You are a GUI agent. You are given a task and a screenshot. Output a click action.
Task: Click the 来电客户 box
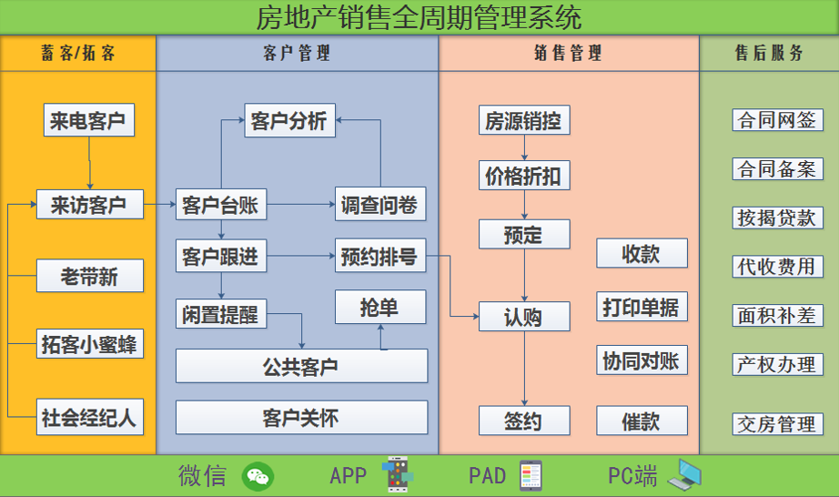(89, 120)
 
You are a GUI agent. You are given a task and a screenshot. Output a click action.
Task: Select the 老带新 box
(89, 276)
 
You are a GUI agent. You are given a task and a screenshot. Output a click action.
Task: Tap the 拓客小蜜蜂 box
(89, 344)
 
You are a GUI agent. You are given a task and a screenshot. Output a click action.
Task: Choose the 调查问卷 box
(379, 205)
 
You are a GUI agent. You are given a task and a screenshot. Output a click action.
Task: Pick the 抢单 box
(380, 307)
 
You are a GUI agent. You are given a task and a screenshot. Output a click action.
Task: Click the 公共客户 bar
(301, 366)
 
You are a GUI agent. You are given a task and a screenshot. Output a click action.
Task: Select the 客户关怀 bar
(301, 418)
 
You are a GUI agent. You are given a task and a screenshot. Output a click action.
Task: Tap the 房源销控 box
(524, 120)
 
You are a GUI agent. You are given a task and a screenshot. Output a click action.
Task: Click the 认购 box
(524, 317)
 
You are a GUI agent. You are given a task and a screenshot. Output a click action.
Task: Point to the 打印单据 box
(642, 307)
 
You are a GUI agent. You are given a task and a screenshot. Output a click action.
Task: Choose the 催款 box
(642, 421)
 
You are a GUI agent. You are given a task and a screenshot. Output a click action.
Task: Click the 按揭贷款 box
(777, 218)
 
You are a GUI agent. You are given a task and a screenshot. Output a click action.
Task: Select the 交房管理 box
(777, 424)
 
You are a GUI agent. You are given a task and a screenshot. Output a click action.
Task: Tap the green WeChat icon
(258, 475)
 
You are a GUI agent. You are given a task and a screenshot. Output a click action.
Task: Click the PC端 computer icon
(684, 474)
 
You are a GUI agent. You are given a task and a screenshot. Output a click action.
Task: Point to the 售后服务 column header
(769, 53)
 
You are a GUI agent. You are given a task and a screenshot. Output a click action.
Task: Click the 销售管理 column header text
(569, 53)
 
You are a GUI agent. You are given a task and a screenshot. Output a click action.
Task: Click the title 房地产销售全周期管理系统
(419, 16)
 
